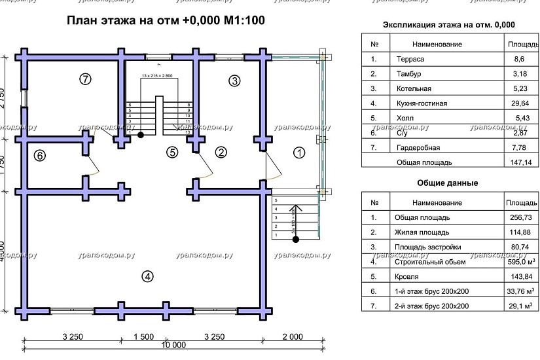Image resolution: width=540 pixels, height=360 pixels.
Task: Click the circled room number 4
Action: [x=149, y=276]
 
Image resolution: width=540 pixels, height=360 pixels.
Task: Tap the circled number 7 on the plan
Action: [x=85, y=79]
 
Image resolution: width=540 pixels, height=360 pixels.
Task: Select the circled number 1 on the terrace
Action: [x=299, y=153]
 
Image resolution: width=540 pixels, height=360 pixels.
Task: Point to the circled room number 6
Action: [x=40, y=156]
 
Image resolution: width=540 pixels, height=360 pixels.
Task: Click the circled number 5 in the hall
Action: [x=171, y=153]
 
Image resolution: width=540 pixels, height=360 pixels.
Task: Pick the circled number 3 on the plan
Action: [x=234, y=81]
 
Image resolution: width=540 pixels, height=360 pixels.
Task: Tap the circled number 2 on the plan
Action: [x=221, y=153]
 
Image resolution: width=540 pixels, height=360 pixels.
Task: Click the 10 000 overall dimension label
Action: [x=173, y=345]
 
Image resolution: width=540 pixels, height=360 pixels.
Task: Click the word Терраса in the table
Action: [x=410, y=59]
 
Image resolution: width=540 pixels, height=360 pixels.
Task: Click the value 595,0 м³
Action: [x=518, y=262]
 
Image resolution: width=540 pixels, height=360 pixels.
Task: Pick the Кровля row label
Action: [x=406, y=276]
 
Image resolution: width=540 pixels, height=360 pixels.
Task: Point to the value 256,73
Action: [x=518, y=217]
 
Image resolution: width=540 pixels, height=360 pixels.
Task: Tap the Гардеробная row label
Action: [x=418, y=147]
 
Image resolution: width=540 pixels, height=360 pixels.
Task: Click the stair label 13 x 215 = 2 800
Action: [x=156, y=77]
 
